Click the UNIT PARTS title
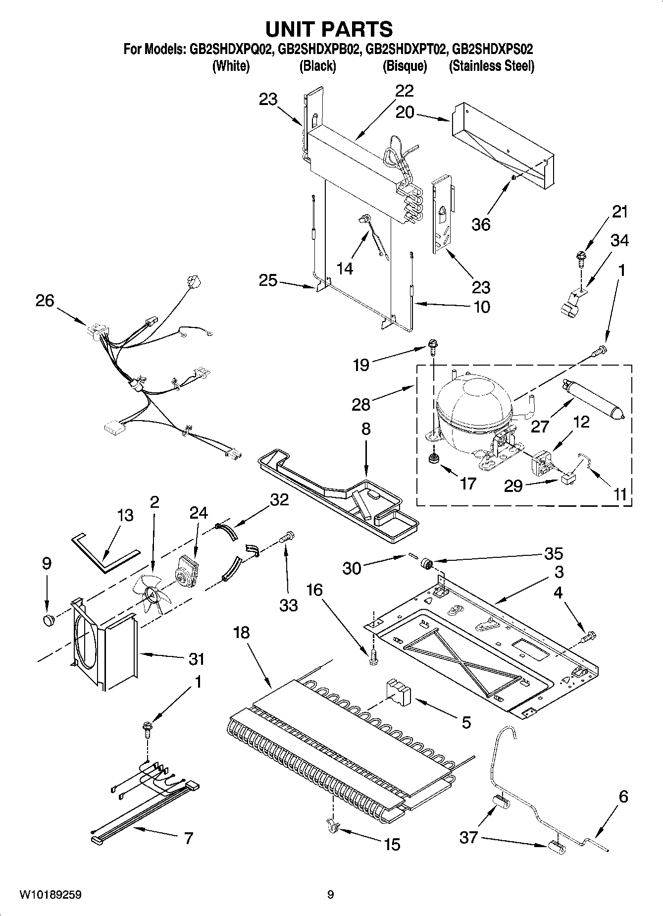(x=329, y=30)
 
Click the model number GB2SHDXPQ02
(x=230, y=50)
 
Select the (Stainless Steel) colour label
(x=491, y=66)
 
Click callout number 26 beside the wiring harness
(x=45, y=300)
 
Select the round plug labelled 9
(x=48, y=620)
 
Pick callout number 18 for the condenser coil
(x=243, y=633)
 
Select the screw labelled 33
(x=287, y=537)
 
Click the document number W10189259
(x=50, y=895)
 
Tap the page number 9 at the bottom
(x=330, y=895)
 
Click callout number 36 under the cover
(x=481, y=224)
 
